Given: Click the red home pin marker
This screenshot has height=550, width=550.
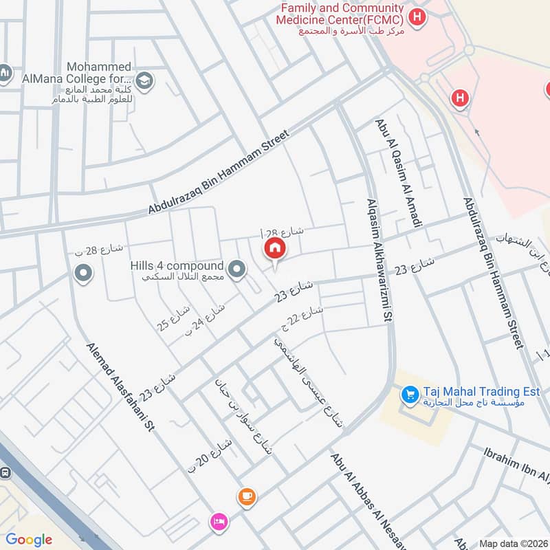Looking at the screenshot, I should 274,249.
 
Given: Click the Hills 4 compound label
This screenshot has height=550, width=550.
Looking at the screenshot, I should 177,271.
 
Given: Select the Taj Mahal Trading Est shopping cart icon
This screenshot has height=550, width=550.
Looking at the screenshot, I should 410,395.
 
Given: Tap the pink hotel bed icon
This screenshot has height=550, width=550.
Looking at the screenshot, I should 219,521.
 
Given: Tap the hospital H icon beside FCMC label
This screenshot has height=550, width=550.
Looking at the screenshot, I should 416,15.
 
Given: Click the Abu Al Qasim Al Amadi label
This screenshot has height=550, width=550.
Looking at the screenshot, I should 397,172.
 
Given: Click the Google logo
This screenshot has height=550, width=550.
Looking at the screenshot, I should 29,540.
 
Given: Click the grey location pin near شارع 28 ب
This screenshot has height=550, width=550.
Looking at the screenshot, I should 83,274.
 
